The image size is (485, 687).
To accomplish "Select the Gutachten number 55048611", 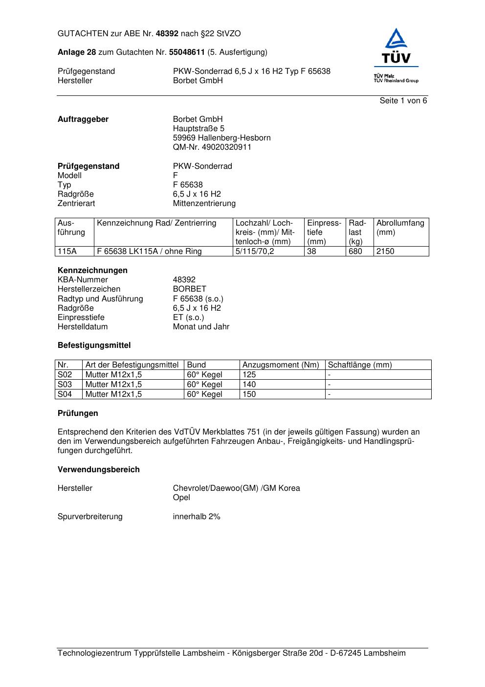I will (186, 52).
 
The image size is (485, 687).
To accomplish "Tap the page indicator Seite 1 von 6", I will (403, 101).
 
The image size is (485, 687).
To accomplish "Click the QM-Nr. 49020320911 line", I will (212, 147).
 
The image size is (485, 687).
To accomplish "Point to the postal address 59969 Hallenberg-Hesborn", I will (221, 138).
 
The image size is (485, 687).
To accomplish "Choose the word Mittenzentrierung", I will (204, 204).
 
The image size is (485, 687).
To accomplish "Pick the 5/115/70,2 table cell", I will (255, 252).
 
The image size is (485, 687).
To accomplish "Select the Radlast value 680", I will (355, 252).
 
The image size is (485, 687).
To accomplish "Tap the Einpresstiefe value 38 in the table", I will (312, 252).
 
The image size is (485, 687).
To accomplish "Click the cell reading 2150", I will (385, 252).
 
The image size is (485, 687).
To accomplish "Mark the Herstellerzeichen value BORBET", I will (189, 289).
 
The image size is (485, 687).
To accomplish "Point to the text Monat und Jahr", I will (201, 327).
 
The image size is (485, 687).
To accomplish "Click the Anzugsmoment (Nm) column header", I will (281, 365).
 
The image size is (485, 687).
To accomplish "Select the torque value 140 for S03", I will (249, 385).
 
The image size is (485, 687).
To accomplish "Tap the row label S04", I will (65, 394).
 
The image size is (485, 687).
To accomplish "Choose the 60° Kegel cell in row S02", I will (204, 375).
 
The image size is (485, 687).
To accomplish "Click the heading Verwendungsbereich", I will (98, 470).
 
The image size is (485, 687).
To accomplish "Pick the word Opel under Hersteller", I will (181, 498).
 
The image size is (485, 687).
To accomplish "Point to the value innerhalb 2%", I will (197, 517).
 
